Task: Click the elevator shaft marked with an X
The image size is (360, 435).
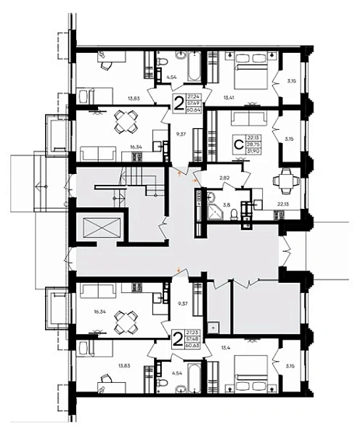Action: click(100, 231)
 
